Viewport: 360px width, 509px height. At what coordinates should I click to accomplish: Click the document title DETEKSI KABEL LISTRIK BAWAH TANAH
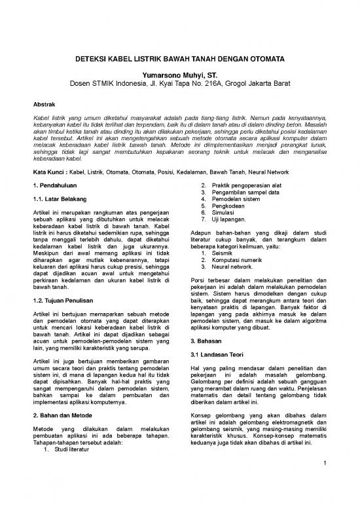pos(180,58)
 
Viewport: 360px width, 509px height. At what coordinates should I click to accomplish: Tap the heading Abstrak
pos(45,104)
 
